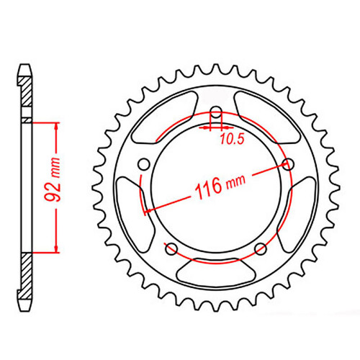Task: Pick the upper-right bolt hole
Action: pyautogui.click(x=289, y=165)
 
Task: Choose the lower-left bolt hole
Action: pyautogui.click(x=171, y=249)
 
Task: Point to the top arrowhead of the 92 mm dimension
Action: pyautogui.click(x=54, y=125)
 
